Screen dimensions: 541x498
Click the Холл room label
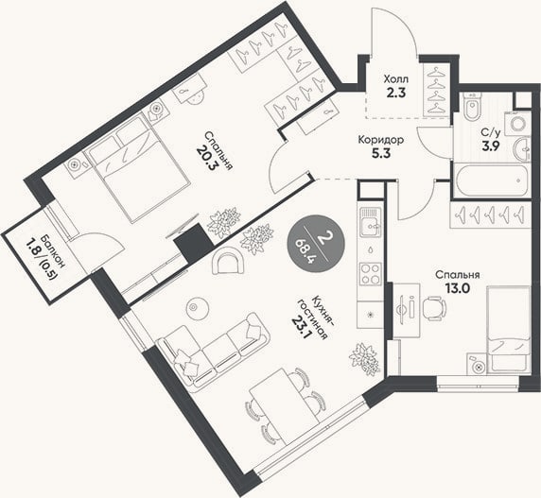click(x=396, y=79)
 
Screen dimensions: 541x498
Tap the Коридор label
click(x=381, y=140)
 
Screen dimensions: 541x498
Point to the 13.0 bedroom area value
click(x=458, y=288)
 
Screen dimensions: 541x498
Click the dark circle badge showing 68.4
click(x=316, y=244)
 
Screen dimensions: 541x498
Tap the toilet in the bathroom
click(x=472, y=107)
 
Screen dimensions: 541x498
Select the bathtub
click(x=492, y=180)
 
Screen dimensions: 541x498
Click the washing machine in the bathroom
click(x=517, y=123)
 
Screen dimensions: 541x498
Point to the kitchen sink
click(x=371, y=222)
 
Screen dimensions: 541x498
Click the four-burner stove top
click(x=371, y=274)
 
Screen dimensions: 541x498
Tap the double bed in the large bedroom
click(x=137, y=169)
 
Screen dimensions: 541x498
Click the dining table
click(x=284, y=406)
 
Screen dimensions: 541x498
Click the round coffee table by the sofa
click(x=198, y=308)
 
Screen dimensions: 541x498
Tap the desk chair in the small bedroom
click(x=434, y=308)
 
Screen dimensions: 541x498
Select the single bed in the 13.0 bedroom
click(x=508, y=329)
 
